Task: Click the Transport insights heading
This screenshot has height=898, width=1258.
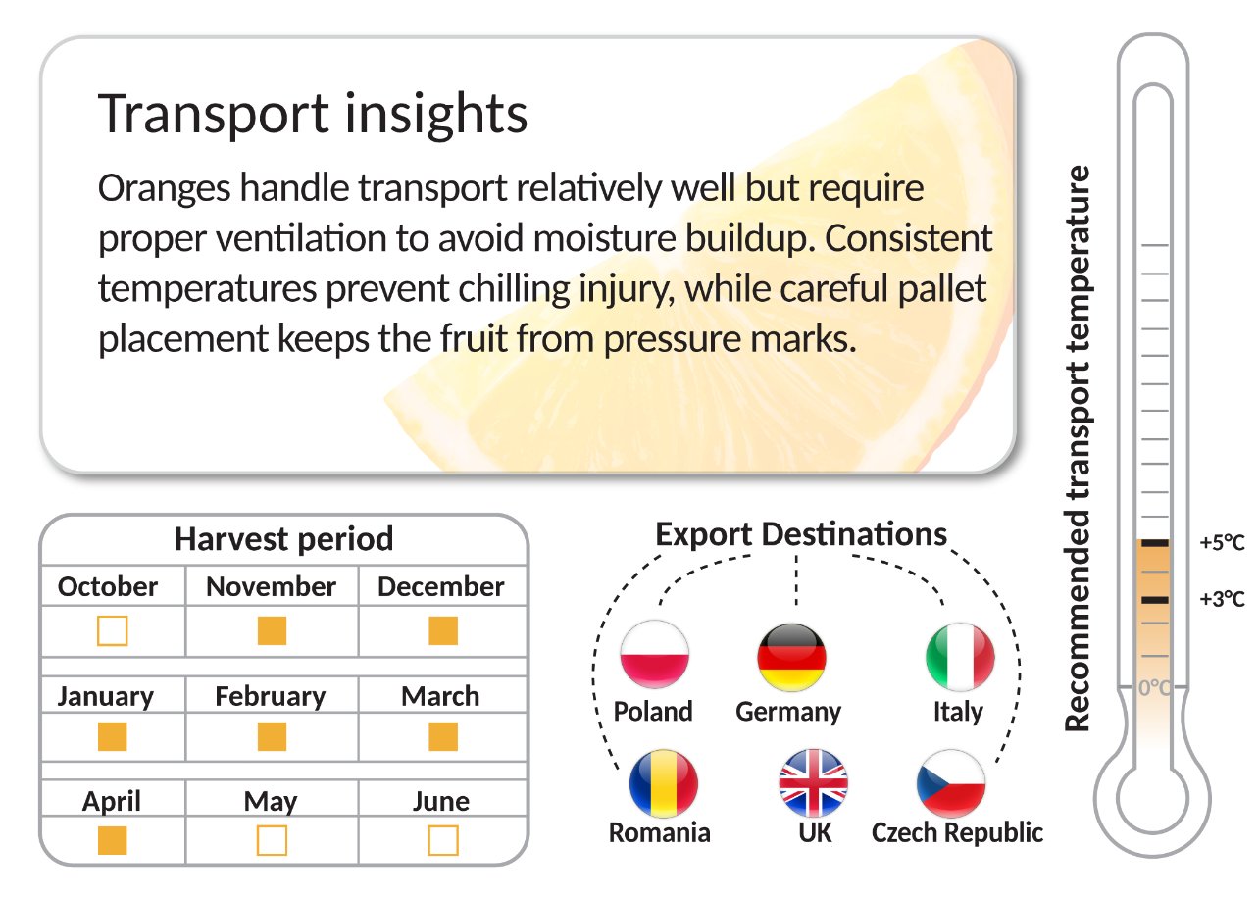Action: pyautogui.click(x=312, y=114)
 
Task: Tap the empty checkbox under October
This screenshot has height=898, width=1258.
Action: pyautogui.click(x=113, y=630)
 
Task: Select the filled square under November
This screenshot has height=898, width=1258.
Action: pyautogui.click(x=272, y=630)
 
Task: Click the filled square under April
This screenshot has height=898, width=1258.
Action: pyautogui.click(x=113, y=840)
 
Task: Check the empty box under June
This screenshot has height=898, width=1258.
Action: pyautogui.click(x=443, y=840)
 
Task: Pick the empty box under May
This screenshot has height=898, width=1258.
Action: pyautogui.click(x=272, y=840)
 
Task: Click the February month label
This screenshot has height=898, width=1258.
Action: pyautogui.click(x=271, y=697)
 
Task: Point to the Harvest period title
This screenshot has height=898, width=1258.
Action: pyautogui.click(x=284, y=539)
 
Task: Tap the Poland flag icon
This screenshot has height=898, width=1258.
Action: pyautogui.click(x=655, y=655)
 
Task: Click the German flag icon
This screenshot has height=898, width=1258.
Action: pyautogui.click(x=792, y=657)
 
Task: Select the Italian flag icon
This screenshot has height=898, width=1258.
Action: pyautogui.click(x=960, y=657)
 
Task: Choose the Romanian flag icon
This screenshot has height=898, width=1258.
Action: pyautogui.click(x=664, y=783)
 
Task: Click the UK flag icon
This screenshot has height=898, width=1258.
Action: pyautogui.click(x=814, y=783)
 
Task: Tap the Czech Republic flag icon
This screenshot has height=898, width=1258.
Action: pyautogui.click(x=951, y=783)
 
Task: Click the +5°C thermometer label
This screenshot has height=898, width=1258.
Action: pyautogui.click(x=1223, y=542)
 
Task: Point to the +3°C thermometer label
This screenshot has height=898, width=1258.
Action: pyautogui.click(x=1223, y=599)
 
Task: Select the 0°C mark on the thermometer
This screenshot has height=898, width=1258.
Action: pyautogui.click(x=1154, y=687)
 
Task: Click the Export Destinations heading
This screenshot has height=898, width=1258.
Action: pyautogui.click(x=801, y=534)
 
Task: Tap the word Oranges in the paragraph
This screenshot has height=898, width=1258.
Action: pyautogui.click(x=164, y=189)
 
